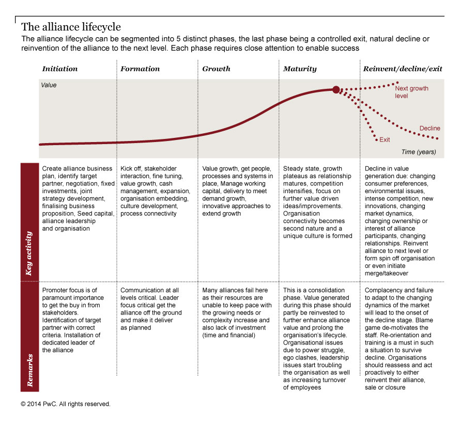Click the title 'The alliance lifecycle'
pyautogui.click(x=71, y=26)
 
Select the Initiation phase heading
pyautogui.click(x=60, y=69)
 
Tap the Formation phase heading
pyautogui.click(x=140, y=69)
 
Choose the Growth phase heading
pyautogui.click(x=216, y=69)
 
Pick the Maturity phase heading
pyautogui.click(x=300, y=69)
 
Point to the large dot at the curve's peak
pyautogui.click(x=336, y=90)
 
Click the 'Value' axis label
pyautogui.click(x=49, y=85)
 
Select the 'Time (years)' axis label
pyautogui.click(x=419, y=152)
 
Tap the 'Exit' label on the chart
pyautogui.click(x=385, y=139)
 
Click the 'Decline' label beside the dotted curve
pyautogui.click(x=430, y=128)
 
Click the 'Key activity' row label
pyautogui.click(x=29, y=253)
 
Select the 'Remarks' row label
pyautogui.click(x=29, y=370)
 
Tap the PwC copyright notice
pyautogui.click(x=66, y=404)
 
